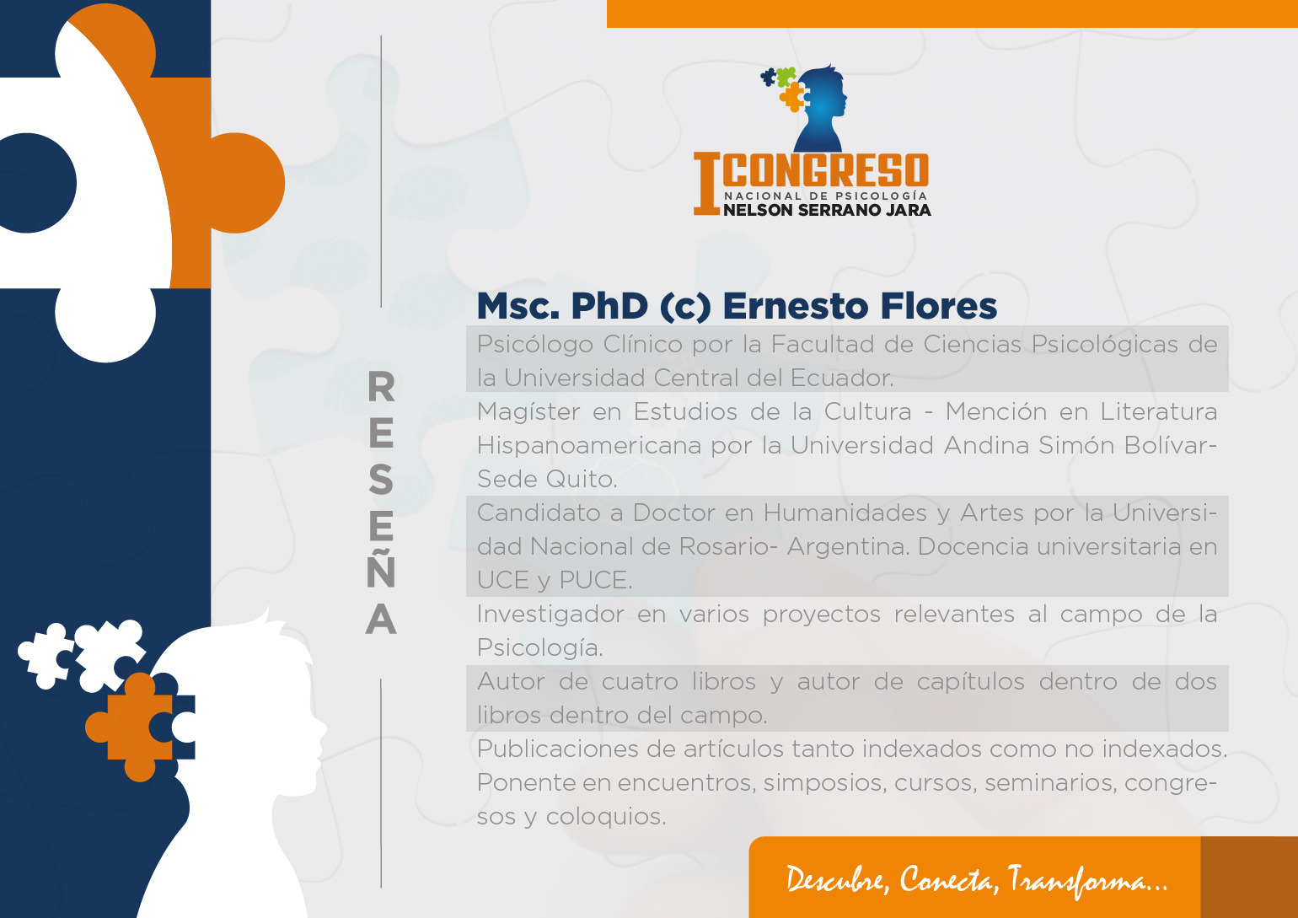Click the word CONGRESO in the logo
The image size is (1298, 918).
tap(826, 170)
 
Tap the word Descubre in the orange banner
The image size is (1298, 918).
tap(837, 879)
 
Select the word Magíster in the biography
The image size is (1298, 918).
tap(528, 411)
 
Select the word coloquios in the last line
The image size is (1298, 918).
tap(606, 817)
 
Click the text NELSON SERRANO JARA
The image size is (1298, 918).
tap(827, 210)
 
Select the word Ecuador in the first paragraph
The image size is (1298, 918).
tap(842, 378)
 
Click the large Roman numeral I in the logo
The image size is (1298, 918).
tap(707, 184)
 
